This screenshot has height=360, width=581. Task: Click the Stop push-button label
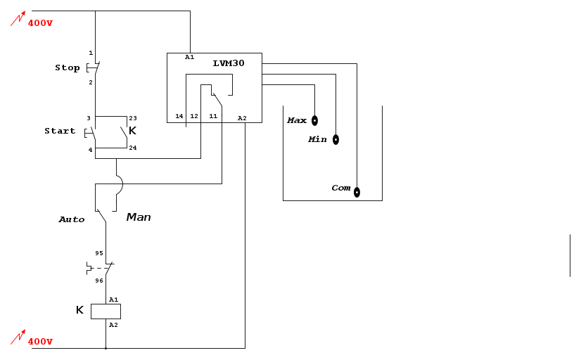click(x=68, y=68)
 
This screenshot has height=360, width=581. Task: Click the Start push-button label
click(x=60, y=131)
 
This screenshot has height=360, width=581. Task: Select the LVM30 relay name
click(x=229, y=63)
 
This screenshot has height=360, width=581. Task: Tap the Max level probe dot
click(x=314, y=120)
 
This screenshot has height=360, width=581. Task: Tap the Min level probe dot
click(x=336, y=139)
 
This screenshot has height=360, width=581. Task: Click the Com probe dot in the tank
click(x=357, y=192)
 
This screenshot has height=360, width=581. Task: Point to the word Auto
click(x=71, y=219)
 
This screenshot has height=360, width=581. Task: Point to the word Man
click(x=139, y=217)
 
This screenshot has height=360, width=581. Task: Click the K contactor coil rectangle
click(x=106, y=311)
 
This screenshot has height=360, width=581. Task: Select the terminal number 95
click(x=99, y=253)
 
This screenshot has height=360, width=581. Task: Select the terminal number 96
click(x=99, y=281)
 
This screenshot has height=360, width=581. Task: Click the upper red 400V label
click(x=40, y=23)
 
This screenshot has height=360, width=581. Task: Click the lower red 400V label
click(x=40, y=342)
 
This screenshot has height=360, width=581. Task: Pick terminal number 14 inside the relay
click(x=179, y=116)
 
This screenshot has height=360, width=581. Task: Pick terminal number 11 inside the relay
click(x=213, y=116)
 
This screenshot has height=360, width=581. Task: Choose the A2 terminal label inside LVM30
click(x=242, y=117)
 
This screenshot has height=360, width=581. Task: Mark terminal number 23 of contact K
click(x=133, y=118)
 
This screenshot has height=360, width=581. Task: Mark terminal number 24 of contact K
click(x=133, y=148)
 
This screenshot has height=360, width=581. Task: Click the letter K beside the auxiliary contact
click(x=132, y=131)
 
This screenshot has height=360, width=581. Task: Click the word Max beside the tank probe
click(x=297, y=120)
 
